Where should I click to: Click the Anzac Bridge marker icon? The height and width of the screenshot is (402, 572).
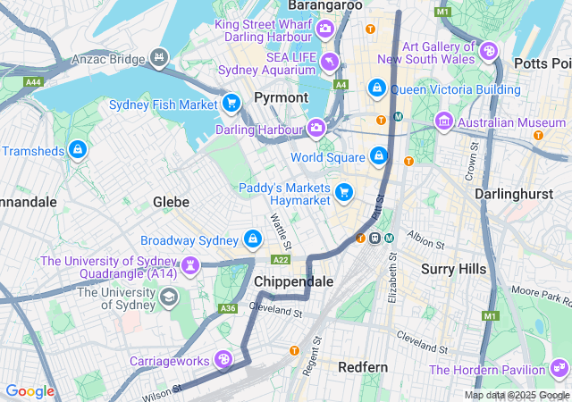[x=160, y=58]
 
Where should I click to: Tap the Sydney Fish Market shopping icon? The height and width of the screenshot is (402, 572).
[x=232, y=104]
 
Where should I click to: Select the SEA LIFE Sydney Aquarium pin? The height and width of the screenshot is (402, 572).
[x=331, y=62]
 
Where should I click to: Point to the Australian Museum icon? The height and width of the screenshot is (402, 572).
[x=444, y=121]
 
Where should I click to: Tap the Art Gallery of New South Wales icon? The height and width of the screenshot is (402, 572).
[x=488, y=51]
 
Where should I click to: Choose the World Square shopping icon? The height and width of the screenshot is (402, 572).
[x=379, y=156]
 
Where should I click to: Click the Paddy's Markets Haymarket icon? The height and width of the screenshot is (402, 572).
[x=344, y=192]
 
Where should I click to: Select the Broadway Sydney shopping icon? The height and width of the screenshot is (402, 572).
[x=254, y=239]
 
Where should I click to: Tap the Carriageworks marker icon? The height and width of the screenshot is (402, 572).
[x=223, y=360]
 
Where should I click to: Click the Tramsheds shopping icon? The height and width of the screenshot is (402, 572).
[x=78, y=149]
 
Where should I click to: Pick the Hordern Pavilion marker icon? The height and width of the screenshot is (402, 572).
[x=559, y=368]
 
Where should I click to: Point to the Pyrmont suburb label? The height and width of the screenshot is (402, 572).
[x=281, y=96]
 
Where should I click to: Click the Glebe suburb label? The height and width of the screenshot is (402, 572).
[x=171, y=202]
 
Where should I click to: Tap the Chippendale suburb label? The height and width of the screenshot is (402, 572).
[x=294, y=281]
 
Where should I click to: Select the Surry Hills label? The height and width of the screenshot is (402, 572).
[x=453, y=268]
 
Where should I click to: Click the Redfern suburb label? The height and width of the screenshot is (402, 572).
[x=363, y=366]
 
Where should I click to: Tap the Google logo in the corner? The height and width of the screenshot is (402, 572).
[x=29, y=391]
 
